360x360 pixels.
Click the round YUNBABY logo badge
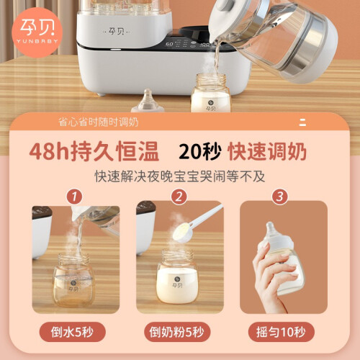[x=37, y=32]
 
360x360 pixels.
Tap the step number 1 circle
[x=74, y=197]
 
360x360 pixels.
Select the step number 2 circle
[x=179, y=197]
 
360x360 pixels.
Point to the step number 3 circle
[x=280, y=197]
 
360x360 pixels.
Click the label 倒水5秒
[x=72, y=332]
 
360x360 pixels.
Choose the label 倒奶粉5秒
[x=177, y=332]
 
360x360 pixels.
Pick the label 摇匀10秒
[x=281, y=332]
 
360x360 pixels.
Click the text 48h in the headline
[x=49, y=152]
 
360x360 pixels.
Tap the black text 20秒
[x=199, y=152]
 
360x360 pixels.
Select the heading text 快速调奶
[x=267, y=152]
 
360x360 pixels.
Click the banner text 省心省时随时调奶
[x=99, y=122]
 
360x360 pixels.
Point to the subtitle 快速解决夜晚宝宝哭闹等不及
[x=180, y=176]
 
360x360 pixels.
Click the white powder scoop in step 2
[x=197, y=224]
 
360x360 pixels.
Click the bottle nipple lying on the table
[x=148, y=101]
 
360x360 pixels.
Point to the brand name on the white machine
[x=117, y=31]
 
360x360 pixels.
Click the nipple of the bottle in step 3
[x=271, y=228]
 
